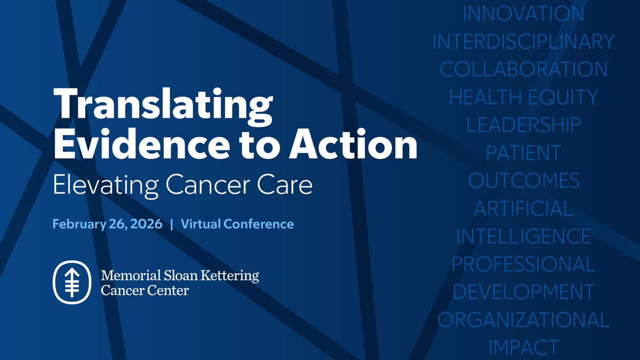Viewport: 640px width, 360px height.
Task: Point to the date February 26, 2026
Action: (x=107, y=224)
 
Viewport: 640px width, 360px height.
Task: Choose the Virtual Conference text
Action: (x=237, y=224)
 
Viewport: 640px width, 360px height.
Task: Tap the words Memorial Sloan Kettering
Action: (x=180, y=276)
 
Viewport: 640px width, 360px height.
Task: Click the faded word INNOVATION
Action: (x=523, y=14)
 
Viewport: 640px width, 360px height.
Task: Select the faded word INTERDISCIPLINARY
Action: (x=523, y=42)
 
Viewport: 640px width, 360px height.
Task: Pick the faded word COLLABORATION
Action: (x=523, y=69)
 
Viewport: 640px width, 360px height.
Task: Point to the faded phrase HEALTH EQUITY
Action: (x=523, y=97)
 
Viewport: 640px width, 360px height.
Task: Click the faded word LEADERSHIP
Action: (x=523, y=125)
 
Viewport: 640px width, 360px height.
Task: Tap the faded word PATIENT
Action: (x=523, y=153)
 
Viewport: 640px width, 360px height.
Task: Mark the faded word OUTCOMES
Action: (x=523, y=180)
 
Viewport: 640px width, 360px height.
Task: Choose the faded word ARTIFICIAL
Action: (x=523, y=208)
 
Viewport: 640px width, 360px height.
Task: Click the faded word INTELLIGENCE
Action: (x=523, y=236)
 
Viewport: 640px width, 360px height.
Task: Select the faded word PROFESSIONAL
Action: (x=523, y=264)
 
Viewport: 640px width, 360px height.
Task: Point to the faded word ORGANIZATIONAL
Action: (x=523, y=319)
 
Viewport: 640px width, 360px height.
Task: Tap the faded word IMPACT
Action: (x=523, y=347)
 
